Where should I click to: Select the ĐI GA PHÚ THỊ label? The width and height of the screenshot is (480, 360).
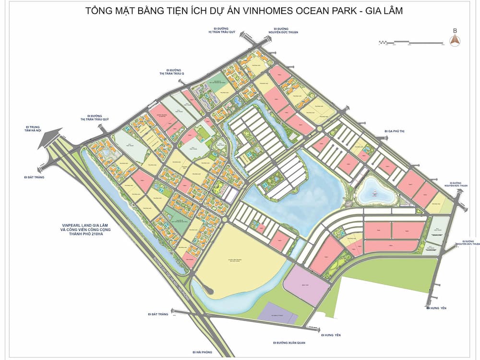point(395,131)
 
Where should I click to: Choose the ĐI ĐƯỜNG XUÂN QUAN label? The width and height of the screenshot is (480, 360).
point(289,343)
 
